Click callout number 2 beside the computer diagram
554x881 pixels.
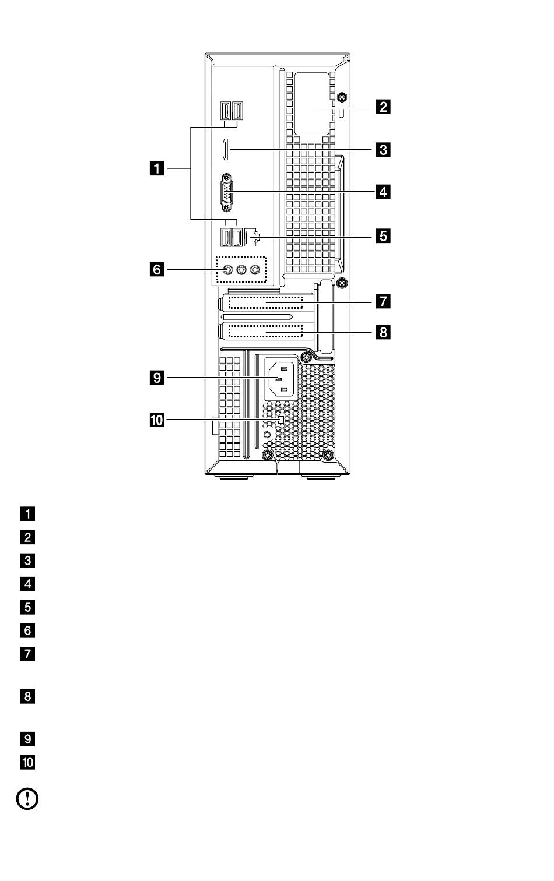(383, 107)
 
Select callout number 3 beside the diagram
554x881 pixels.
(383, 149)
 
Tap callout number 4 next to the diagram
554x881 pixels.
(383, 192)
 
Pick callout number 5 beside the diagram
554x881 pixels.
(383, 236)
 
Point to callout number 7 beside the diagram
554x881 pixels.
(383, 301)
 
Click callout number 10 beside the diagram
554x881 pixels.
(157, 420)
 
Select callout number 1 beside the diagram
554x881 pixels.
(157, 169)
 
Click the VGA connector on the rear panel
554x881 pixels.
(227, 192)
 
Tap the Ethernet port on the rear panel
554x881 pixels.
(252, 237)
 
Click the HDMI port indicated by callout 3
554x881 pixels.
(225, 149)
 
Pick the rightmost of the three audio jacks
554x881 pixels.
(255, 269)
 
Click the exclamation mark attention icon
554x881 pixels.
(27, 799)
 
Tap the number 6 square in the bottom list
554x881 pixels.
(27, 630)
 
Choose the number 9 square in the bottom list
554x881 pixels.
(27, 739)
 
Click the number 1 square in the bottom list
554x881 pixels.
(27, 514)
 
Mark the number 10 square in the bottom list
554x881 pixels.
(27, 763)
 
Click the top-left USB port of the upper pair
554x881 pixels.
(225, 111)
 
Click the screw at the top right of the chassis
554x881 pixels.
(342, 97)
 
